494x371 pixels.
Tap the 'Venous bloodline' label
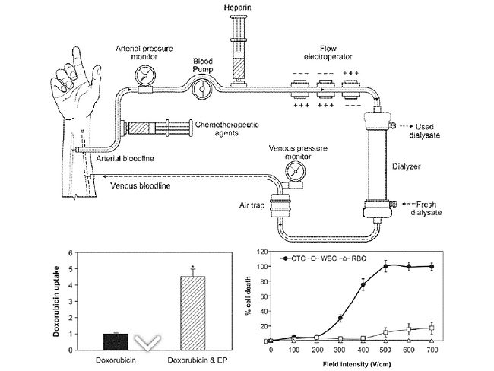point(141,184)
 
